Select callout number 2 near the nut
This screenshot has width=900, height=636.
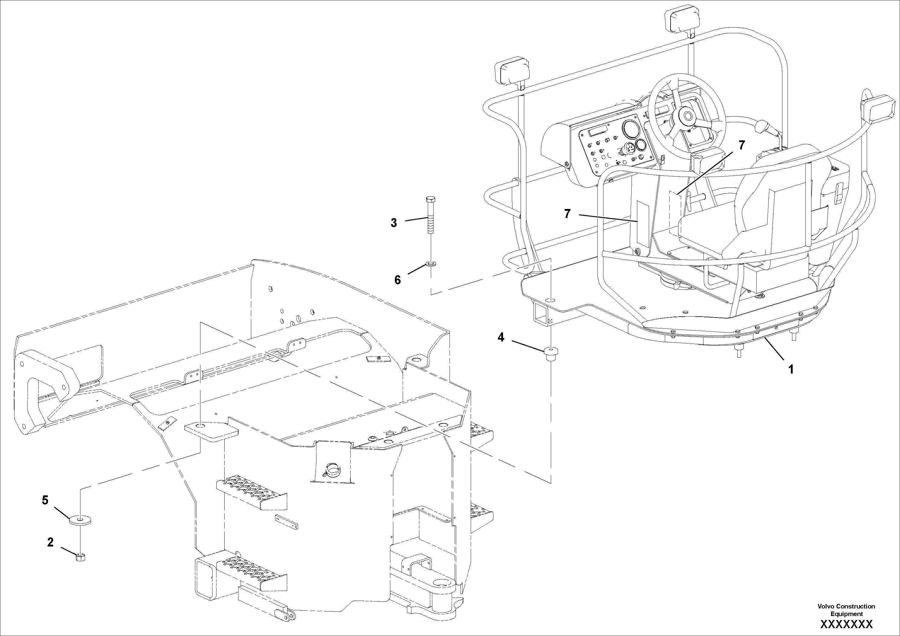pos(50,542)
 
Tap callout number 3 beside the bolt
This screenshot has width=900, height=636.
pos(394,223)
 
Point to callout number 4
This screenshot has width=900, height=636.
pos(501,337)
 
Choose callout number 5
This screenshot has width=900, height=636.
pos(45,500)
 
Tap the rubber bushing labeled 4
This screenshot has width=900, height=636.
pos(551,353)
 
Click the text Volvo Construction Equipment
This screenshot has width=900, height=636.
pos(846,610)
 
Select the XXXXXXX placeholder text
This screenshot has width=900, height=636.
pos(846,624)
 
